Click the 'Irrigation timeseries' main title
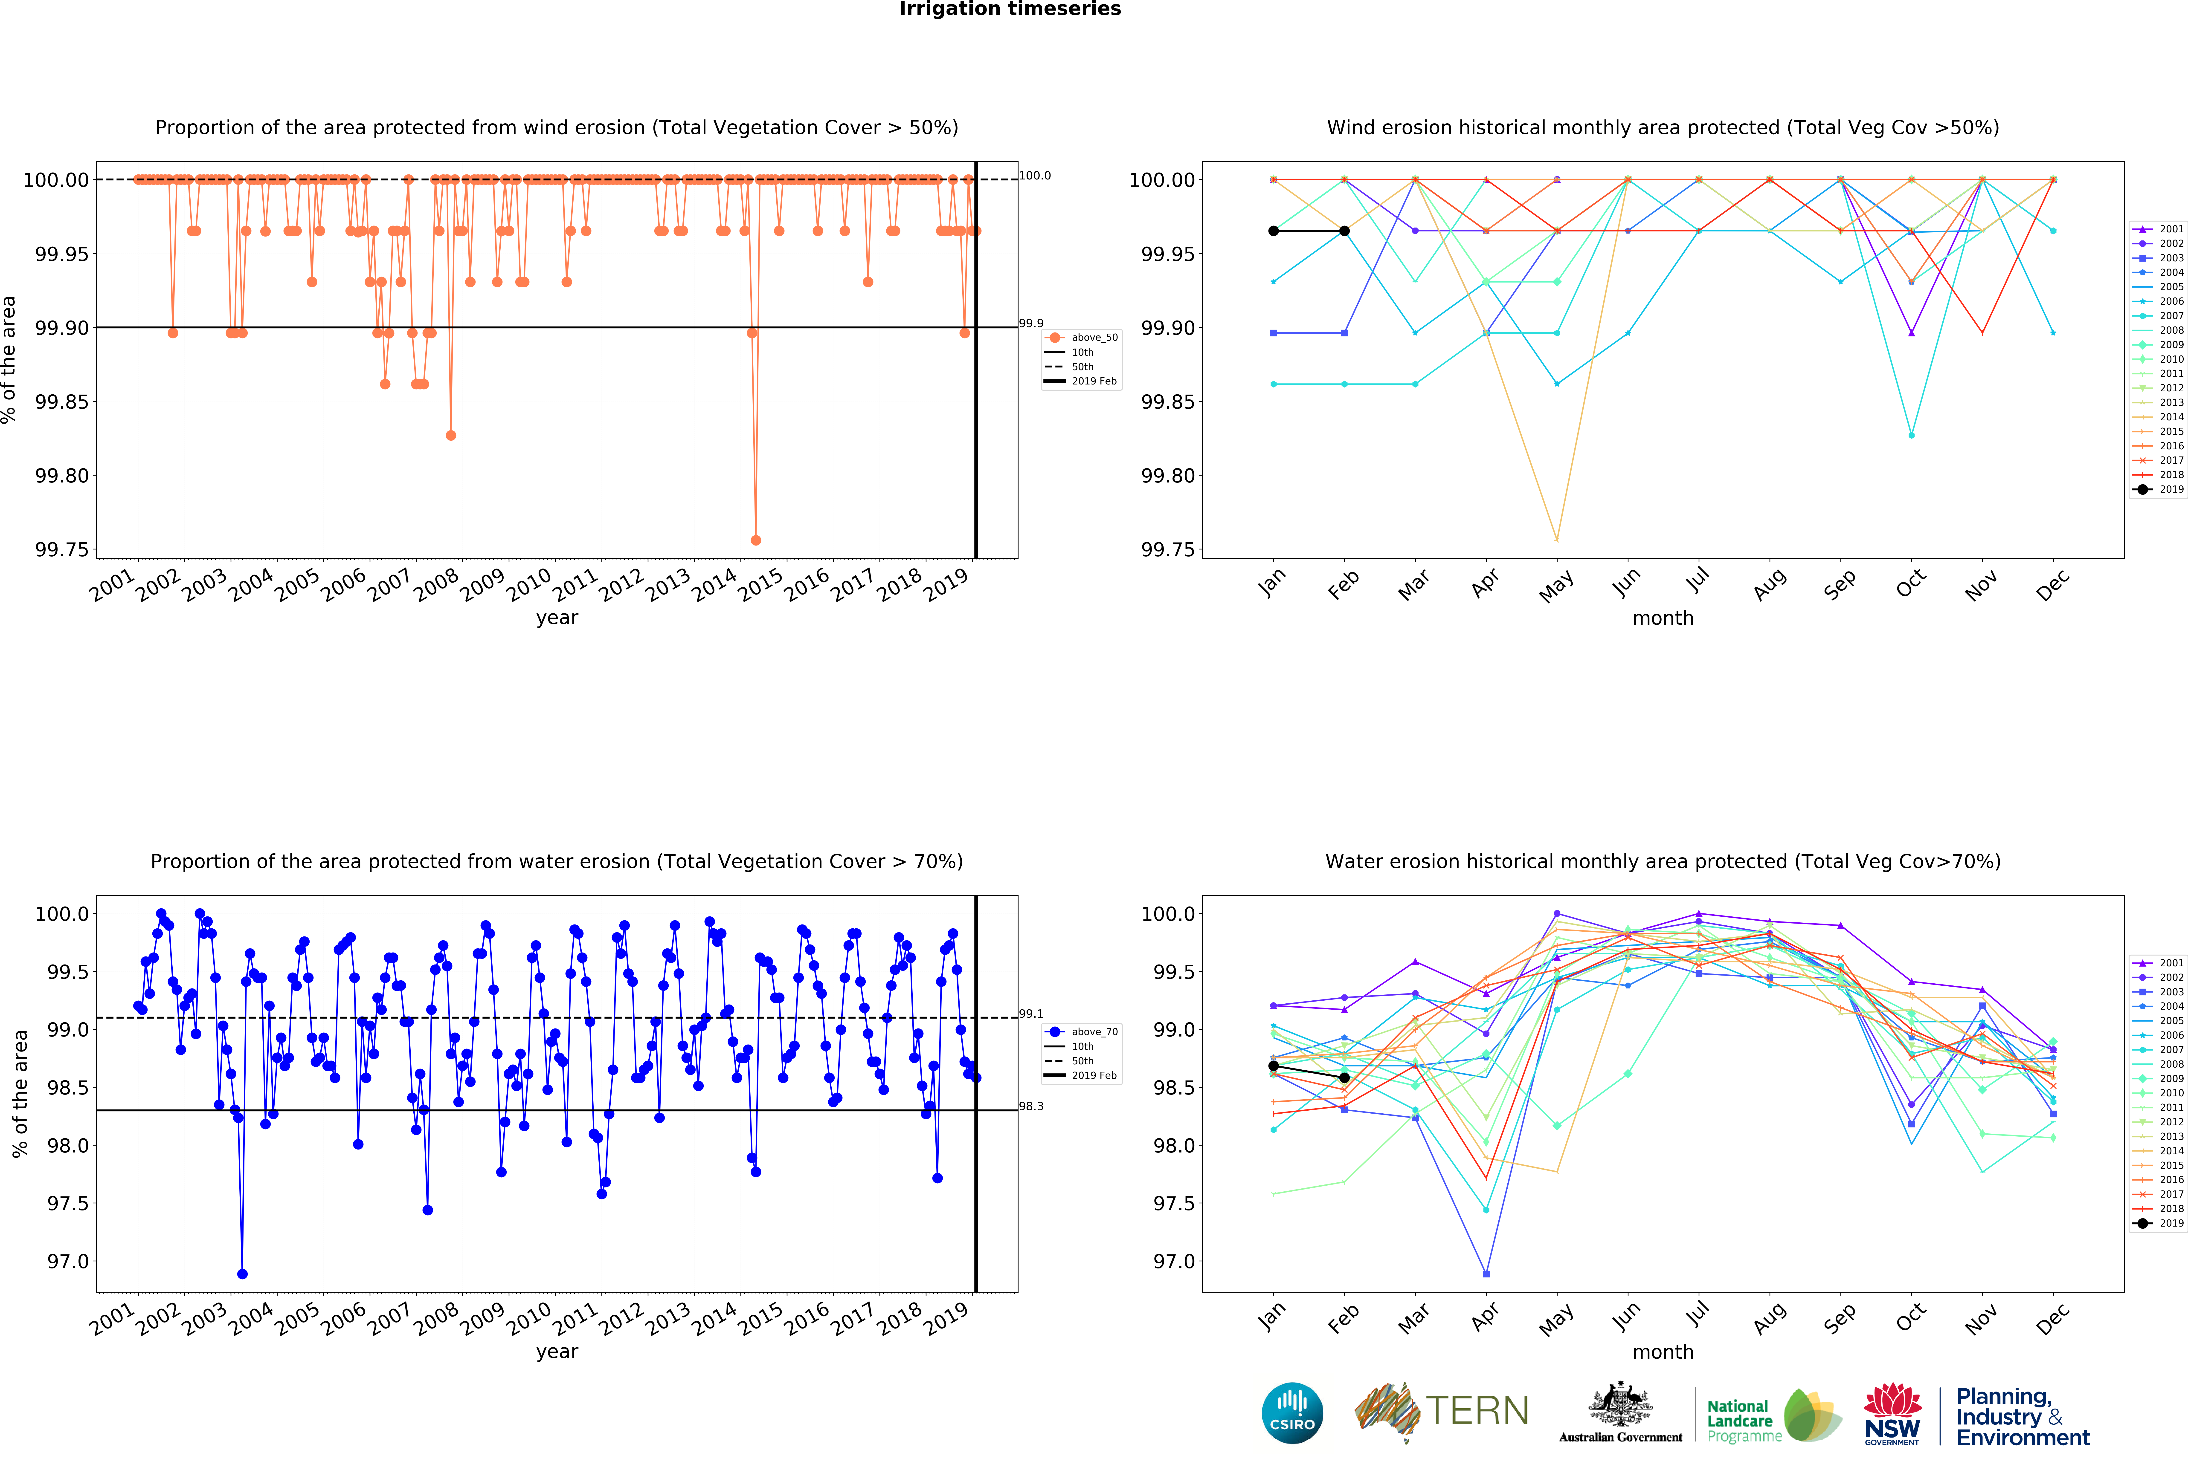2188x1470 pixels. point(1010,9)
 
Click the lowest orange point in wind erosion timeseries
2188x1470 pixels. point(756,540)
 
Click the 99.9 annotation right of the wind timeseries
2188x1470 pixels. point(1032,323)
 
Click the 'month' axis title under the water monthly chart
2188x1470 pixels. point(1663,1352)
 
